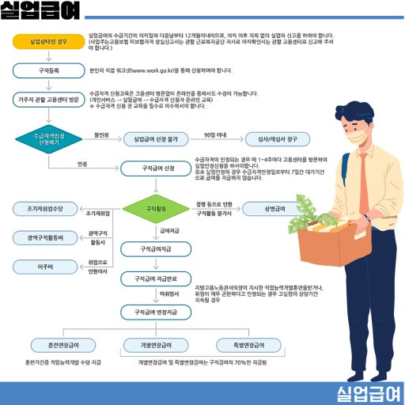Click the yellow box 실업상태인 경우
click(x=48, y=41)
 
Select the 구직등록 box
click(x=48, y=70)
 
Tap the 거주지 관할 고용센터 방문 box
click(x=48, y=100)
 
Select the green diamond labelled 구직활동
click(x=155, y=209)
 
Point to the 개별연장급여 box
click(x=156, y=346)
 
